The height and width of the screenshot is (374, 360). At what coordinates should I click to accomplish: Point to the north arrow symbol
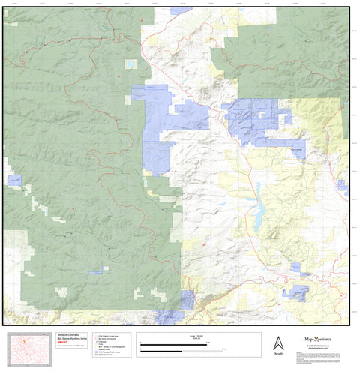tap(279, 342)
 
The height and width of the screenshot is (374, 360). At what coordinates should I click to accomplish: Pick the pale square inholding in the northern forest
tap(131, 65)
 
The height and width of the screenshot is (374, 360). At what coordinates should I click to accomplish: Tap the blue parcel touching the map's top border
tap(180, 11)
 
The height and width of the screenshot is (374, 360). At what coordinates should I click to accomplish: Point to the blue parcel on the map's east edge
tap(343, 185)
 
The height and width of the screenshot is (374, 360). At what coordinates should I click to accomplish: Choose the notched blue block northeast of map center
tap(259, 120)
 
